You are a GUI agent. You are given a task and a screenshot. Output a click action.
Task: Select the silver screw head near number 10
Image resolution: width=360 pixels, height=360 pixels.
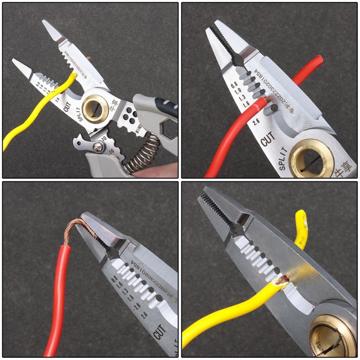(x=97, y=146)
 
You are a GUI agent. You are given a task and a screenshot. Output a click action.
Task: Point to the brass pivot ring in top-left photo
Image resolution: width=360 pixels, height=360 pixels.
(x=95, y=108)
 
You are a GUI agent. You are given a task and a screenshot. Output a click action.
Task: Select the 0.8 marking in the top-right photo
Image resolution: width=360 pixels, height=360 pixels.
(x=234, y=84)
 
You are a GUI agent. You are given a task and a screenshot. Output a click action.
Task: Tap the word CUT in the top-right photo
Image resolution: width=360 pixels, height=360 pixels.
(x=267, y=140)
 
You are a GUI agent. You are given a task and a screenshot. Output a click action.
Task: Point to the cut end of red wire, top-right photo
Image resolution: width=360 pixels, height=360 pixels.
(x=266, y=100)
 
